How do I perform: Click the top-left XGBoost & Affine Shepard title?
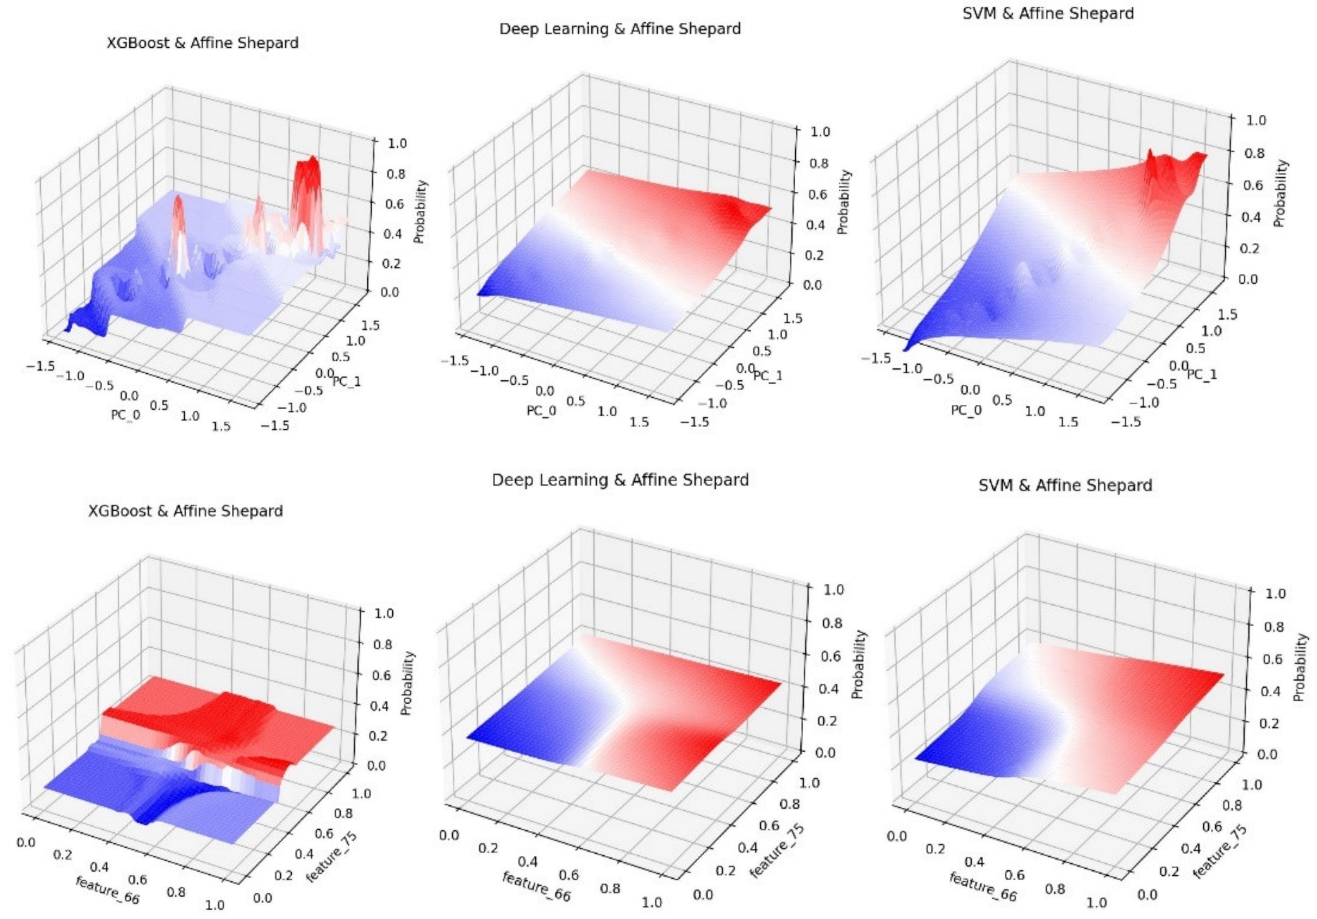tap(203, 43)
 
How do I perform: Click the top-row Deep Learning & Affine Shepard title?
tap(620, 29)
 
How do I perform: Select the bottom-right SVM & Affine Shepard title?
tap(1065, 486)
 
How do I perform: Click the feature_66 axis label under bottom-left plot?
tap(107, 890)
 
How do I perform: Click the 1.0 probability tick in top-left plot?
tap(394, 143)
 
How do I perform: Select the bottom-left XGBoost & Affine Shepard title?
tap(185, 511)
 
